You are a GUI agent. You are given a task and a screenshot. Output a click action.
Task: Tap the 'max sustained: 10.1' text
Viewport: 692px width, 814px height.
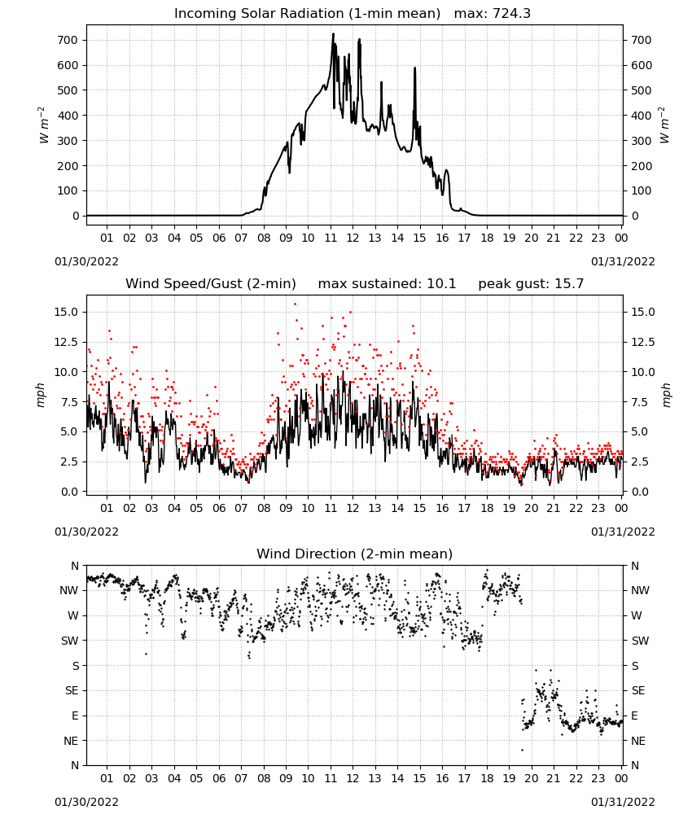point(387,284)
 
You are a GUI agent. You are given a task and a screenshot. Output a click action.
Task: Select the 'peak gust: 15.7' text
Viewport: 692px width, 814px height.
point(531,284)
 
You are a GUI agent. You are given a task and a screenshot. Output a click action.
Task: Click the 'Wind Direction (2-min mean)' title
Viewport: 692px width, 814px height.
point(355,554)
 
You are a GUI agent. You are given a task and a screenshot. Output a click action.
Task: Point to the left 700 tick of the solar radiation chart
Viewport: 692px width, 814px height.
point(68,40)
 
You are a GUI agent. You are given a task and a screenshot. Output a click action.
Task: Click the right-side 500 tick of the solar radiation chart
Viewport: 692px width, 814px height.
point(642,90)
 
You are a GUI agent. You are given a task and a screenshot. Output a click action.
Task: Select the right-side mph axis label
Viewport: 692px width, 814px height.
point(666,395)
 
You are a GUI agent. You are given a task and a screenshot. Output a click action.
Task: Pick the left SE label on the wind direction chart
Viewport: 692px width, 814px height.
point(71,690)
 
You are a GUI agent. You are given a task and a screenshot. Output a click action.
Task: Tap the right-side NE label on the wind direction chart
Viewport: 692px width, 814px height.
point(638,741)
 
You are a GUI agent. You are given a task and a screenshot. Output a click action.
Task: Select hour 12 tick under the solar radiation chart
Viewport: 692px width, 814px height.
point(353,238)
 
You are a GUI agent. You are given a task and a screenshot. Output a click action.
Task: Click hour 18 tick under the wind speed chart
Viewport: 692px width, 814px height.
point(487,508)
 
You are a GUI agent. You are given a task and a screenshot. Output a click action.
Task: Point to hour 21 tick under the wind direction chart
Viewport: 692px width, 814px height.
point(554,778)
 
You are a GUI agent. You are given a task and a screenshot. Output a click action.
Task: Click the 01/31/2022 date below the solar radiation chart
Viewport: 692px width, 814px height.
point(623,261)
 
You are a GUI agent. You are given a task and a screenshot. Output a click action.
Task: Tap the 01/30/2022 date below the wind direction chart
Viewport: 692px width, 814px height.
point(86,802)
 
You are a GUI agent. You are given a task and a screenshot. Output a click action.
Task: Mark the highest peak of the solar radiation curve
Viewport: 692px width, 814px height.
point(333,33)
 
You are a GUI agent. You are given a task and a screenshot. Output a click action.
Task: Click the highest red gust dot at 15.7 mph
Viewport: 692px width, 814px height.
point(295,304)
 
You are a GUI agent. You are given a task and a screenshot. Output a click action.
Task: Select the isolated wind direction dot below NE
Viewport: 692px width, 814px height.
point(522,751)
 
